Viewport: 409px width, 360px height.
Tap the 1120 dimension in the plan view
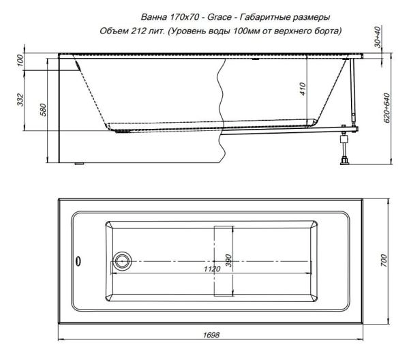click(212, 269)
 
